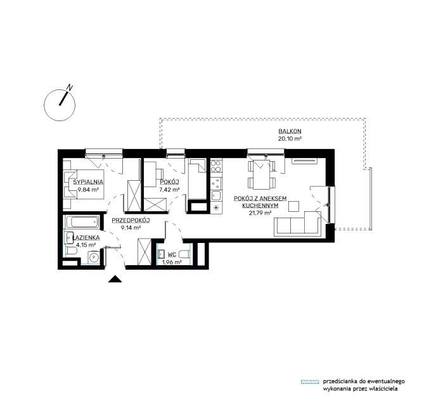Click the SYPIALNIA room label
pos(88,182)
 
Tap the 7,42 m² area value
pos(169,190)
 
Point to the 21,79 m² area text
pos(260,213)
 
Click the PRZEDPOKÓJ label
pos(131,220)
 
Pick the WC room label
pos(172,254)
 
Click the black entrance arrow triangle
pos(115,279)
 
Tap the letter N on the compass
pos(70,88)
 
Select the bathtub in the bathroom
pos(82,222)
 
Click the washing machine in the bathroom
pos(94,258)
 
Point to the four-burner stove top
pos(216,166)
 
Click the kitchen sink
pos(216,195)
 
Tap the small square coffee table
pos(293,207)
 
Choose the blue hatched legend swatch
pos(310,382)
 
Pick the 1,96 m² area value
pos(172,262)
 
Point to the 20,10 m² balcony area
pos(290,138)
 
